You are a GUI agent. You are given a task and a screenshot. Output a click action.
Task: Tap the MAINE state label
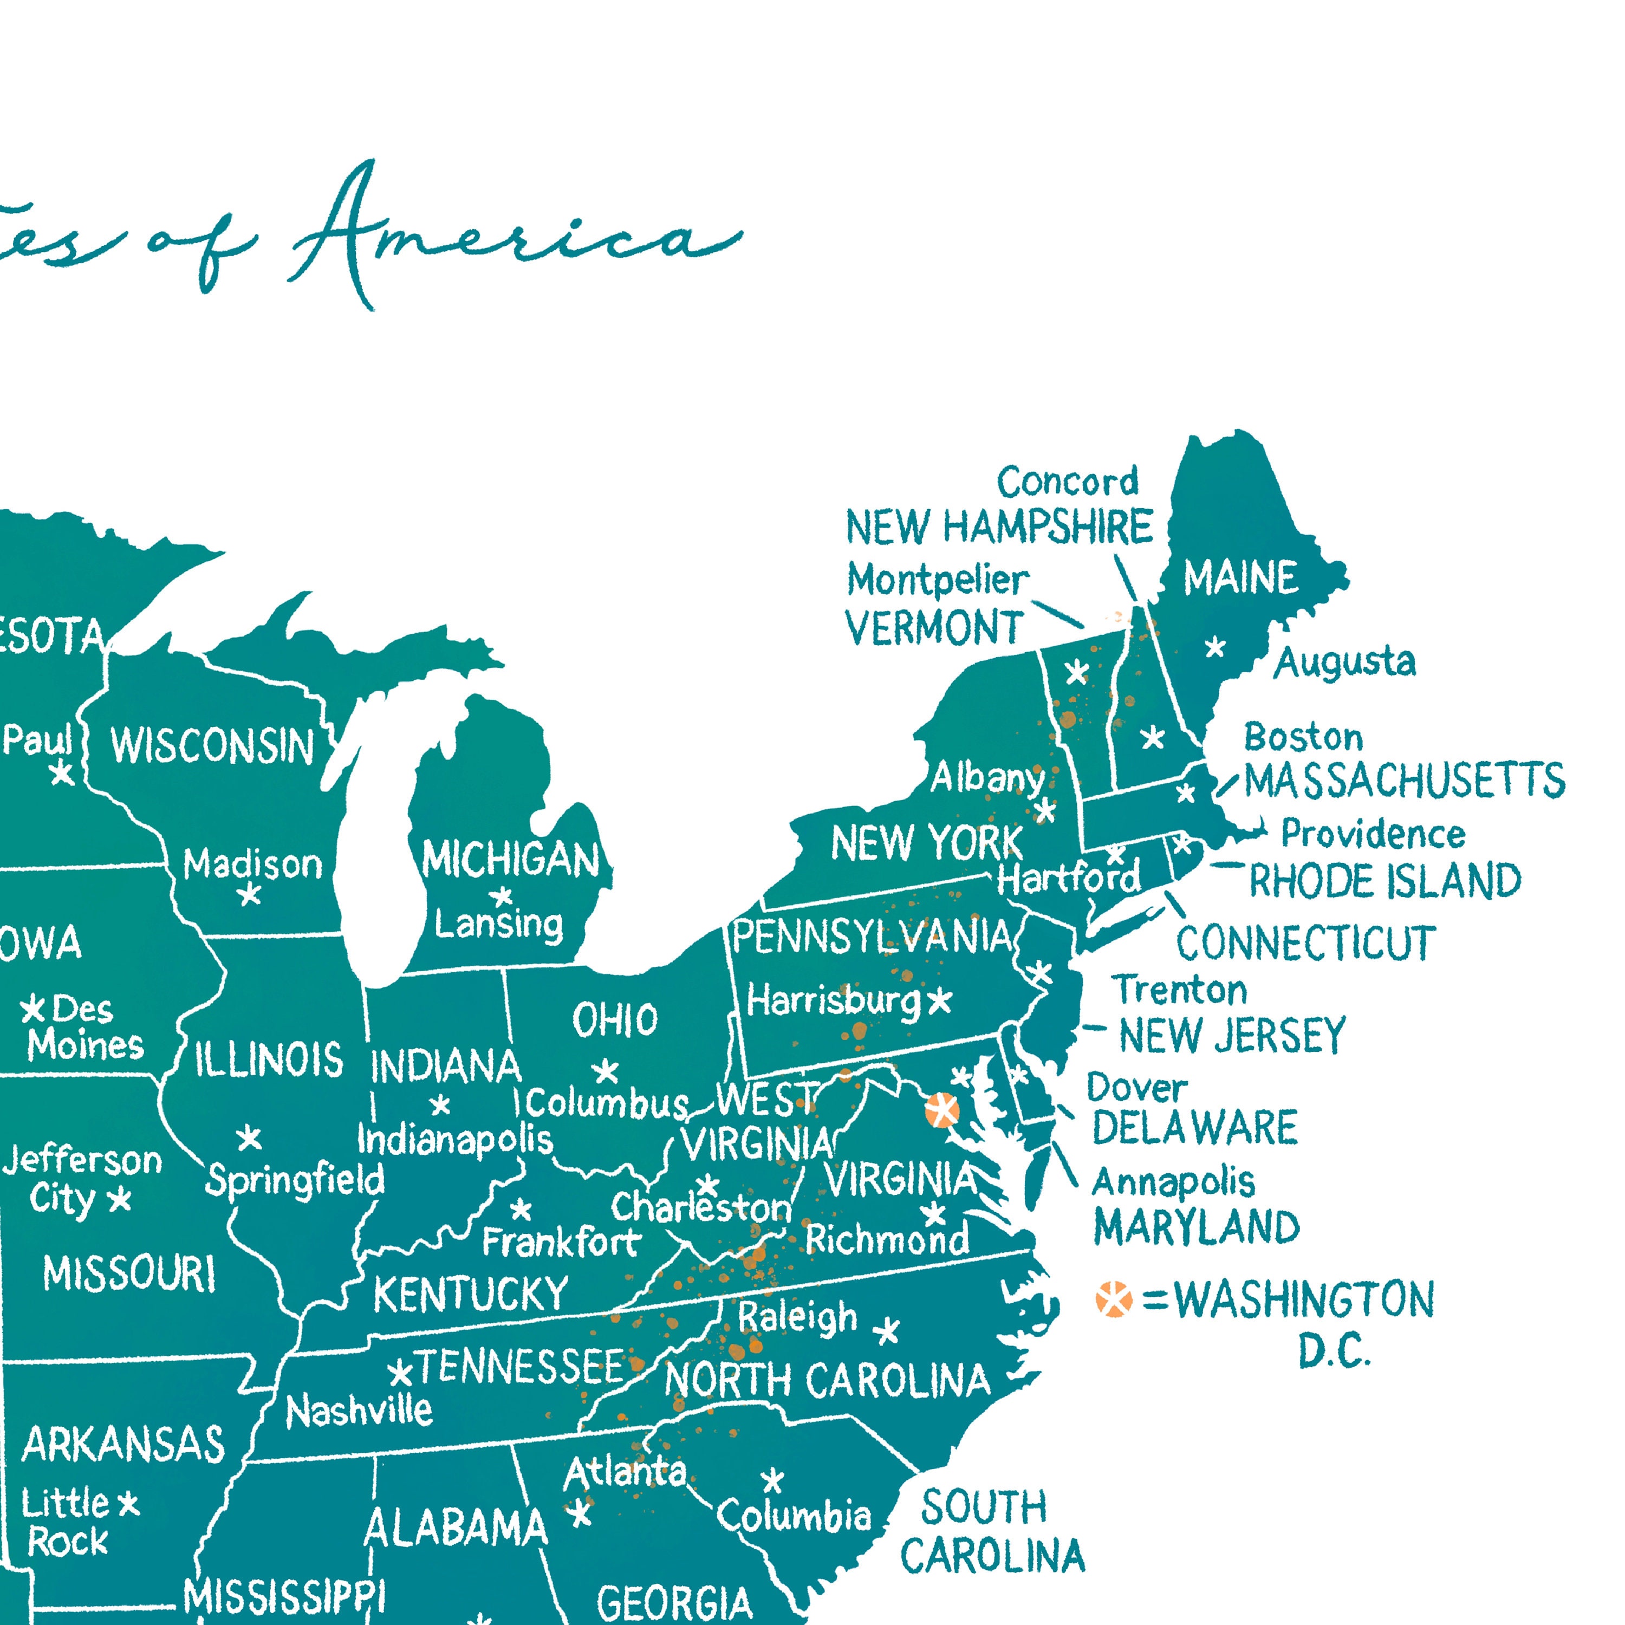(1240, 578)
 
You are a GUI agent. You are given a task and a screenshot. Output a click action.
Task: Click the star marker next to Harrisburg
(939, 1001)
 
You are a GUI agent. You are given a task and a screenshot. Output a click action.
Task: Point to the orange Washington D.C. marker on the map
(941, 1110)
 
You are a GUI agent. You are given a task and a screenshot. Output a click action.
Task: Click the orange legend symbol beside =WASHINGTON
(1114, 1299)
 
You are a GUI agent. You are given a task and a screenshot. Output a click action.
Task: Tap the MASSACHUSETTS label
(1405, 781)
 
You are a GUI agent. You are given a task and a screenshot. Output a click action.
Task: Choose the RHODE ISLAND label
(1384, 881)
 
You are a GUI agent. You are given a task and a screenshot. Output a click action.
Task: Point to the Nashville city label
(359, 1412)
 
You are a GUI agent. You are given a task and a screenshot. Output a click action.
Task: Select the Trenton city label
(1179, 990)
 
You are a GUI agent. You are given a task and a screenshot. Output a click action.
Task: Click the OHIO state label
(615, 1021)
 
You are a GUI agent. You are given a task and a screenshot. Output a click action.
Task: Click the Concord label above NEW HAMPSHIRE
(1067, 482)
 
